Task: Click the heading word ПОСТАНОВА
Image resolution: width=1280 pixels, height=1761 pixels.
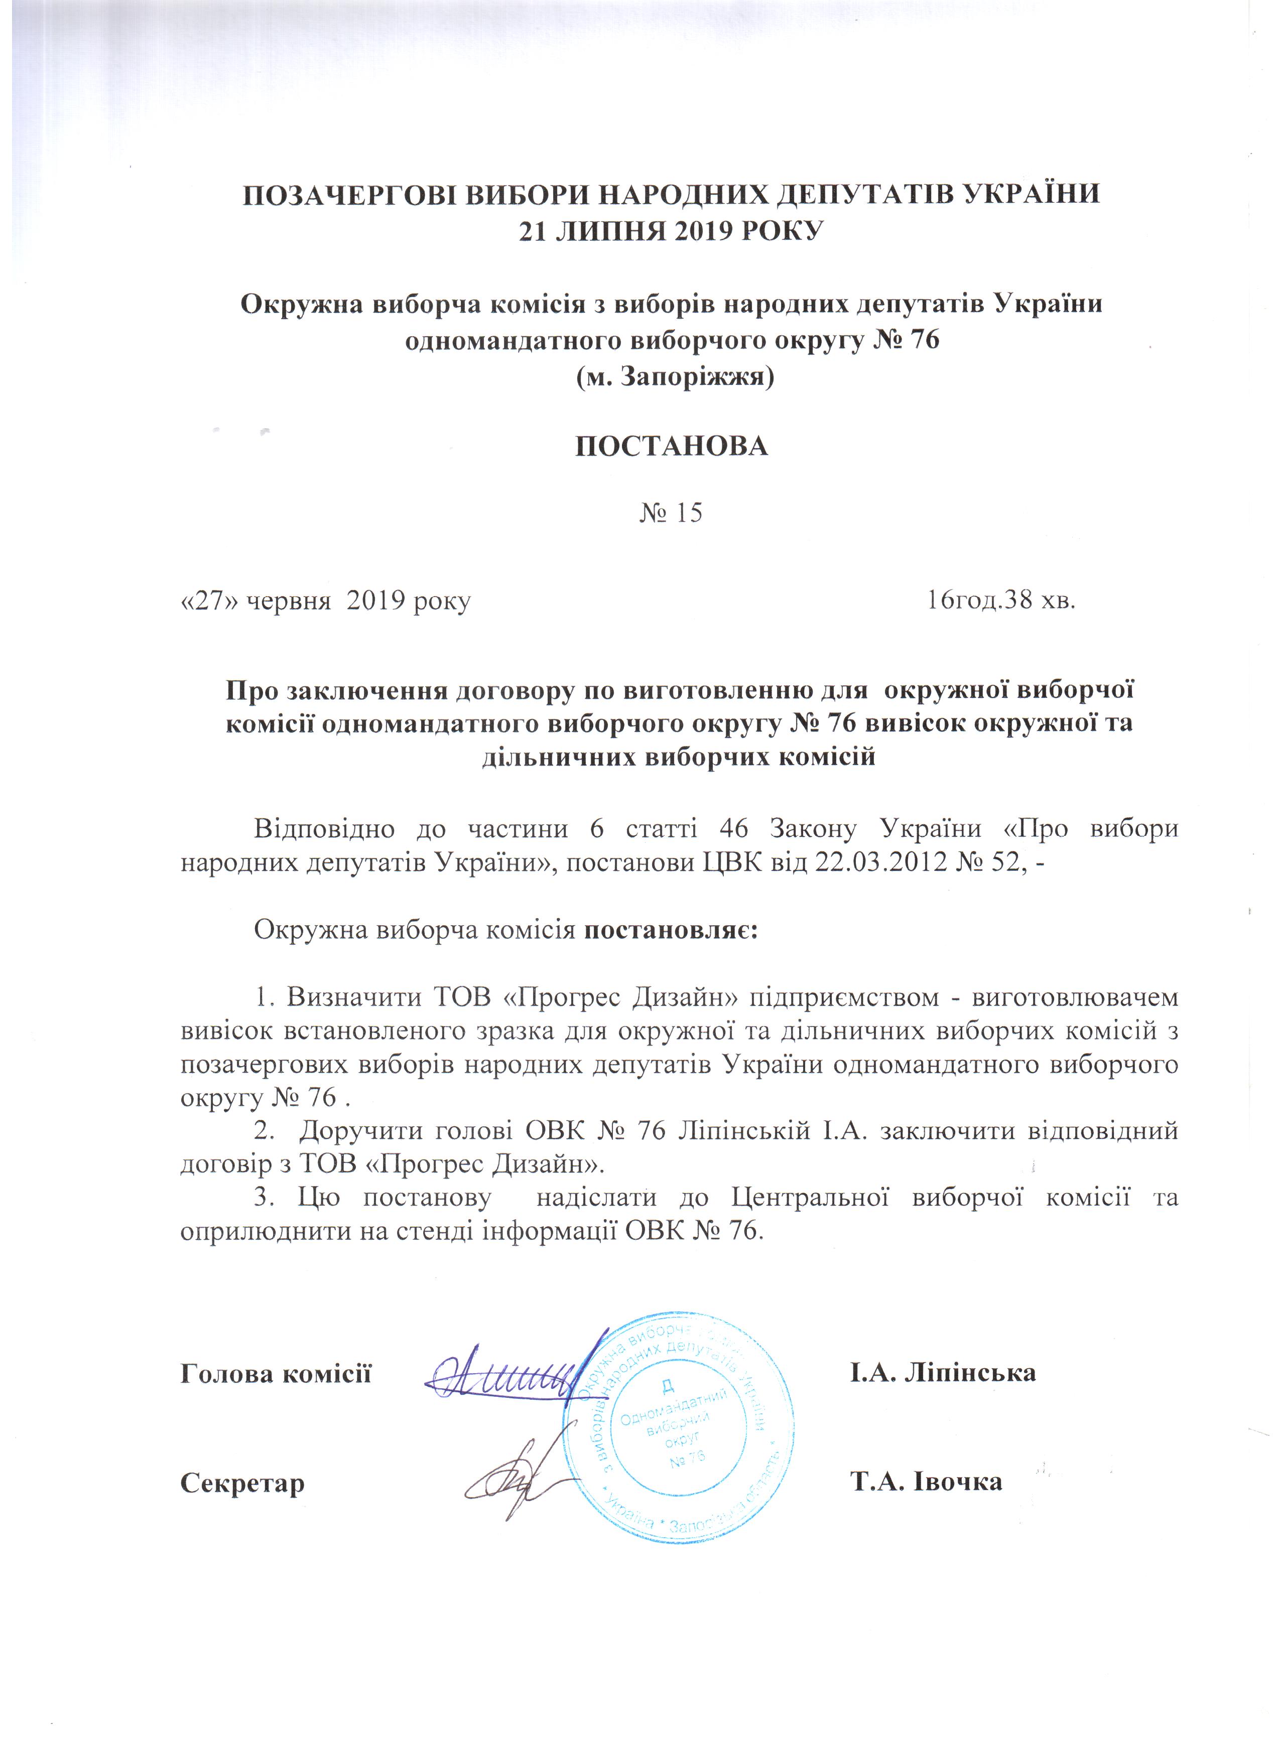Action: pos(671,446)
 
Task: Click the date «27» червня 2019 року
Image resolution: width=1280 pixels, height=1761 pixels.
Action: pos(325,601)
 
